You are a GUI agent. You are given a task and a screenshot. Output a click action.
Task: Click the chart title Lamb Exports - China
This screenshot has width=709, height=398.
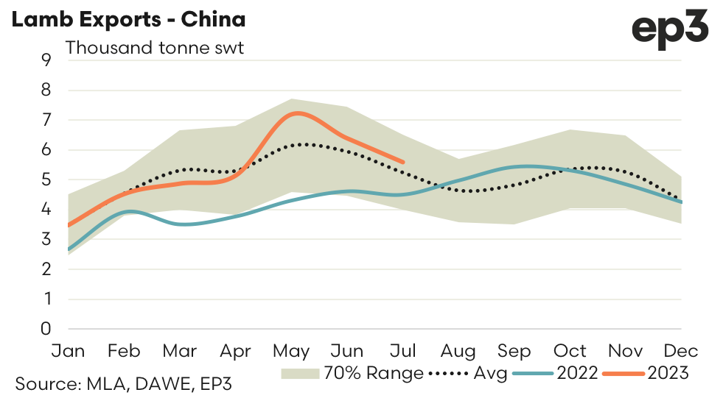point(128,20)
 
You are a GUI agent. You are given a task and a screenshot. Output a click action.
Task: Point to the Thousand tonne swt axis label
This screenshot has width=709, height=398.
point(155,49)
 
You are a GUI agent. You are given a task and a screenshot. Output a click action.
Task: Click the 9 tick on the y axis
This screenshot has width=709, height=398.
point(47,60)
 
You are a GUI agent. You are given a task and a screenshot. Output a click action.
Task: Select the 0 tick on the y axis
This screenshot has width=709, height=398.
point(47,329)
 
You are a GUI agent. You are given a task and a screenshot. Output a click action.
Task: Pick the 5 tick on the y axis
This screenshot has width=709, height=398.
point(47,180)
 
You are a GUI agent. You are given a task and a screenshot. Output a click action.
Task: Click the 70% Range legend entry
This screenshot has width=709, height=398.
point(352,373)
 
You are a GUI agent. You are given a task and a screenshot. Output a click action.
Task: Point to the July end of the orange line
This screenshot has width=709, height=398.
point(403,162)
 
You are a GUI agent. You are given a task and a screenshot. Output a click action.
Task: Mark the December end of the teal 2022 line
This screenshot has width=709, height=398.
point(682,202)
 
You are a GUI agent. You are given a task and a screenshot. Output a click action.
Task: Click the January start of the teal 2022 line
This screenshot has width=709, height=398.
point(68,249)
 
